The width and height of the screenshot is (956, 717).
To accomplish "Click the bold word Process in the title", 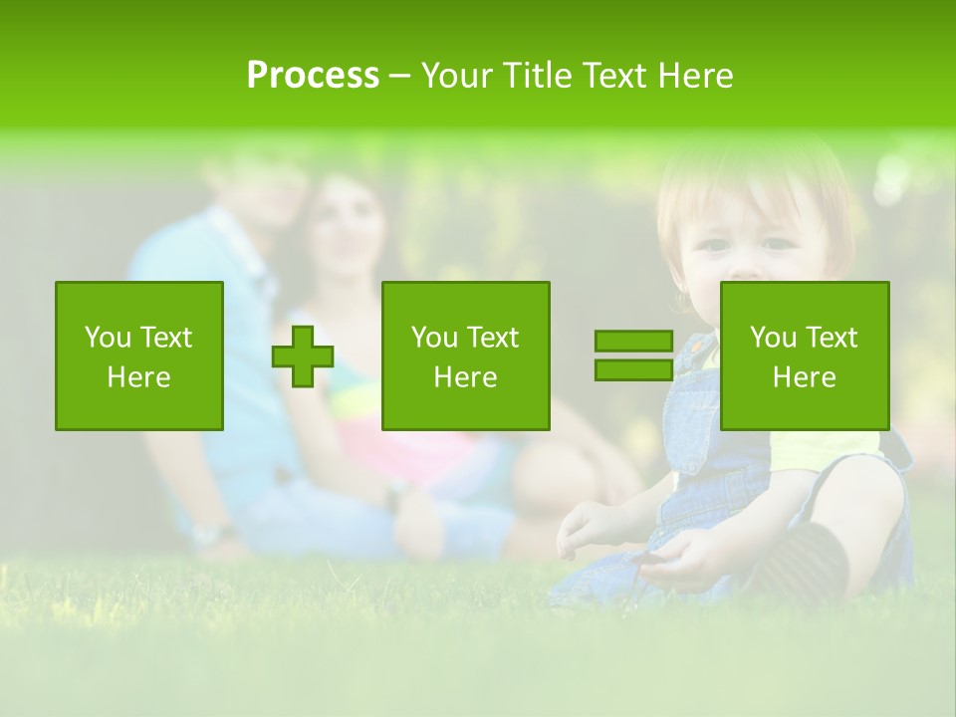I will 313,76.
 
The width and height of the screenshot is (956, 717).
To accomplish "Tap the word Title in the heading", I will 535,76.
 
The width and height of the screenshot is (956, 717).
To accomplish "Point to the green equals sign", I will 633,356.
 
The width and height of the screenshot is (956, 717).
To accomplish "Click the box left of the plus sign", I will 139,356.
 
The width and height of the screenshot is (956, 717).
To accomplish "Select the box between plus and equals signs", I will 465,356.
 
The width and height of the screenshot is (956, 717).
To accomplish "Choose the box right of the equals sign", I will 804,356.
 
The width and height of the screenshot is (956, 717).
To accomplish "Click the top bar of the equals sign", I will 633,342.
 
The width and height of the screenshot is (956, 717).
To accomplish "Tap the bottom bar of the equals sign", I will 633,369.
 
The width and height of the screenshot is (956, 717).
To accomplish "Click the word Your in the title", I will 457,76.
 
